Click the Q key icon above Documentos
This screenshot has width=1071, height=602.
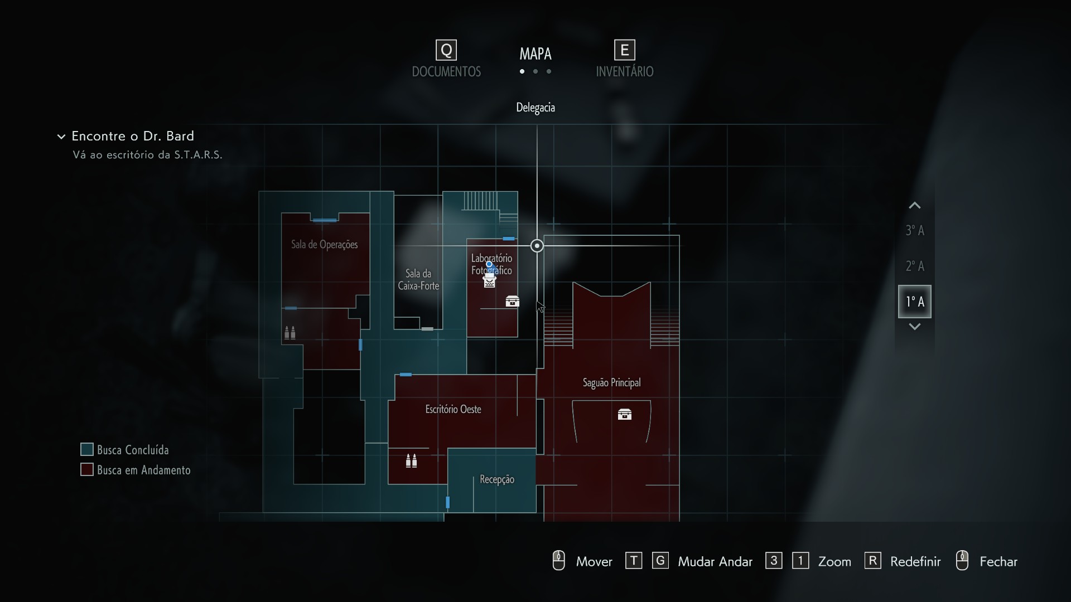[446, 50]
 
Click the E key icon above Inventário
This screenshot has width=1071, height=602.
[625, 50]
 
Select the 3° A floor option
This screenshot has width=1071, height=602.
[915, 230]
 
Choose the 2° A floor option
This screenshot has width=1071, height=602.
[915, 266]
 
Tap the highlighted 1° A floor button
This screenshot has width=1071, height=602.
[915, 302]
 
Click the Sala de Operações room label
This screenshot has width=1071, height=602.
[325, 244]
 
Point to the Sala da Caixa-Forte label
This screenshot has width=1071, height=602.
[418, 279]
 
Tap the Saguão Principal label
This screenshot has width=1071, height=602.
[611, 382]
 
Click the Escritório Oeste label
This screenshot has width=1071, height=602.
[453, 409]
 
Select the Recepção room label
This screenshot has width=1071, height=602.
[497, 479]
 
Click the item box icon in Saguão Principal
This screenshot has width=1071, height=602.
[625, 414]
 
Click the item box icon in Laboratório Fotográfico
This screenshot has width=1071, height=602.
[512, 301]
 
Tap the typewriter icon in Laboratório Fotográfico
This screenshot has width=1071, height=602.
[490, 280]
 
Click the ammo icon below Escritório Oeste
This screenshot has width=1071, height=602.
[411, 460]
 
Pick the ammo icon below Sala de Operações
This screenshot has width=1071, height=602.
[290, 333]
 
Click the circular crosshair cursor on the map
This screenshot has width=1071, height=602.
[537, 246]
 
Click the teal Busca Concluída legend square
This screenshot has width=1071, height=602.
[86, 449]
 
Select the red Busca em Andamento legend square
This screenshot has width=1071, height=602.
[86, 469]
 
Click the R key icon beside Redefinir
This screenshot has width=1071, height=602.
[872, 561]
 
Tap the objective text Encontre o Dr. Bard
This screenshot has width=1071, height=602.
[133, 136]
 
